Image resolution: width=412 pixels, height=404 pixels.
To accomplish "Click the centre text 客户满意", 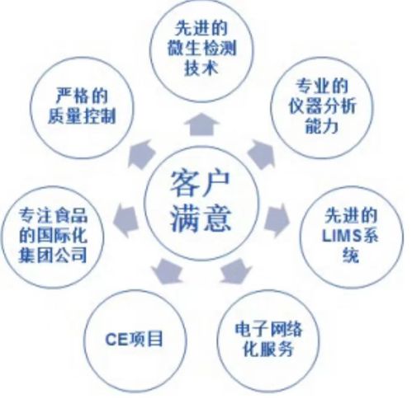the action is pos(201,202).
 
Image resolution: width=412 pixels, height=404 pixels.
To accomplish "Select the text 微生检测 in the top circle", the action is pos(201,49).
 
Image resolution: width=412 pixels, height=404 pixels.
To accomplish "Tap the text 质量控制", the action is pos(82,116).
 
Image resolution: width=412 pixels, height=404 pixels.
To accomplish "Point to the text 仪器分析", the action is pos(322,106).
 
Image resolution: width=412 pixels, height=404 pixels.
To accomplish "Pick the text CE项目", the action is pos(134,339).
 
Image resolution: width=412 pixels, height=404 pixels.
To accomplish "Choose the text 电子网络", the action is pos(268,329).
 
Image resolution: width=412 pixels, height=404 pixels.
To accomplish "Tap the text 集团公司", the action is pos(53,255).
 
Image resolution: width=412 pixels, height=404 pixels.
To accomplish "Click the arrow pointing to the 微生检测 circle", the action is pos(201,124).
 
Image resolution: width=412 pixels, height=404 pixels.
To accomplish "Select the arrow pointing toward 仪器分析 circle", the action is pos(262,155).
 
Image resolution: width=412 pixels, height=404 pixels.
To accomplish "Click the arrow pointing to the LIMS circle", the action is pos(277,220).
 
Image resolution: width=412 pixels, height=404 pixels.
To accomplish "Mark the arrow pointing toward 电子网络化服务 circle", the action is pos(236,270).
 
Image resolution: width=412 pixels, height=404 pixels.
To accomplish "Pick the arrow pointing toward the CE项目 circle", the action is pos(168,271).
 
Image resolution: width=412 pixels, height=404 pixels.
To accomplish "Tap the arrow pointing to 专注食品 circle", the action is pos(125,221).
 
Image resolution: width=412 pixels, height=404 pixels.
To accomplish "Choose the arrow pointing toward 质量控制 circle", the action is pos(141,155).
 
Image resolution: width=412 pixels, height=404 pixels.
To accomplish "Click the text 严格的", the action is pos(82,96).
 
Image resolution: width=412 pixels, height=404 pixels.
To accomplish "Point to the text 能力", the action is pos(322,126).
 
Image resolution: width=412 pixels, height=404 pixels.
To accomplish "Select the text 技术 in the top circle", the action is pos(201,68).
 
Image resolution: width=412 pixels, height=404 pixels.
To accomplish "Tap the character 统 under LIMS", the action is pos(351,256).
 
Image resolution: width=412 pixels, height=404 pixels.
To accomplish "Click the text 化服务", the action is pos(268,349).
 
